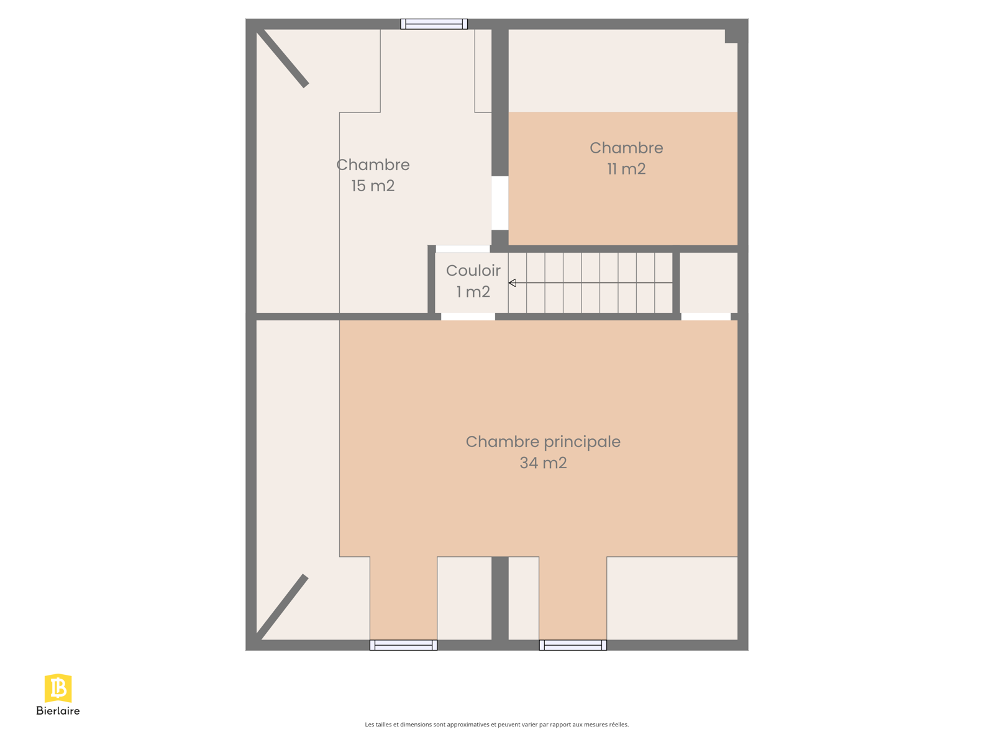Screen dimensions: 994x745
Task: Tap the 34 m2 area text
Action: click(x=542, y=463)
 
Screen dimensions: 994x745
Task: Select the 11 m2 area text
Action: click(x=626, y=169)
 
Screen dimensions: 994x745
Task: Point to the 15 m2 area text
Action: click(x=373, y=186)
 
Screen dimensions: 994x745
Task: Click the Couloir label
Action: click(x=473, y=271)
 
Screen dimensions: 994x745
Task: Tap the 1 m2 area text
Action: click(x=473, y=292)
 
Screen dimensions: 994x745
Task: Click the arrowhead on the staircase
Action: click(x=512, y=282)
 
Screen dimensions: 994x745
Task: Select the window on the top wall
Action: click(x=434, y=24)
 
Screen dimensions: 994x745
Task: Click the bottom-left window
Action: click(x=403, y=645)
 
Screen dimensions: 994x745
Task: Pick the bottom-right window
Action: click(x=572, y=645)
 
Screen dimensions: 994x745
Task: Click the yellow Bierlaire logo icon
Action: click(x=58, y=688)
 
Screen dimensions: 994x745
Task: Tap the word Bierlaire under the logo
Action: click(x=58, y=711)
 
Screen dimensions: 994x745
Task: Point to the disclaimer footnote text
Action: click(x=496, y=725)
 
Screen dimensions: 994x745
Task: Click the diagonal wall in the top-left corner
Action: click(x=283, y=58)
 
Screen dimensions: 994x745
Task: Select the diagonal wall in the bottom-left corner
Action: click(x=281, y=607)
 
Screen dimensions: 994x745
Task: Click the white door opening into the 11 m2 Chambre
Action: click(x=499, y=202)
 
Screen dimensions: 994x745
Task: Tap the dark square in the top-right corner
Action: click(x=731, y=36)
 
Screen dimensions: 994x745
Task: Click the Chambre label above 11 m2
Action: click(x=626, y=148)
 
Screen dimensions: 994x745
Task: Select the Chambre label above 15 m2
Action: click(x=373, y=165)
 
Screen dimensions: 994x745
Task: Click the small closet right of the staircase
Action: click(x=708, y=282)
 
